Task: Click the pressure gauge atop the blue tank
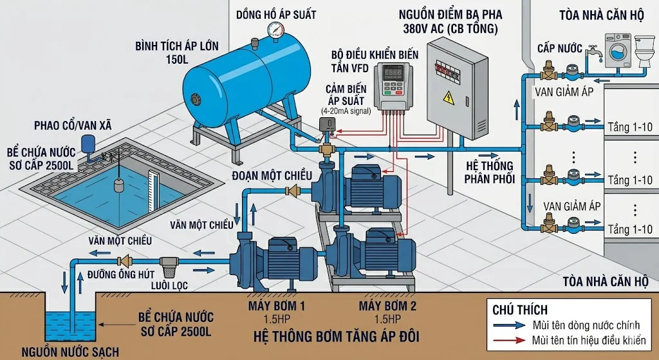tap(277, 29)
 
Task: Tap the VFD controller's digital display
tap(394, 72)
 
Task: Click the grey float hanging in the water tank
tap(120, 184)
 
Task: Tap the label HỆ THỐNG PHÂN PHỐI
tap(490, 172)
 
